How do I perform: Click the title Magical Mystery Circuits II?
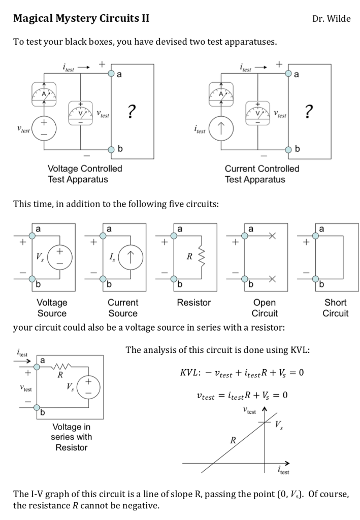81,19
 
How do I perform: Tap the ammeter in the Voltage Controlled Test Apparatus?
44,93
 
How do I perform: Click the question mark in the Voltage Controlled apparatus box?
132,111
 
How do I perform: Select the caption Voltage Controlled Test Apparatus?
85,174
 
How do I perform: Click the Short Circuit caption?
335,308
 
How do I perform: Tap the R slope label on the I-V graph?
233,440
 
